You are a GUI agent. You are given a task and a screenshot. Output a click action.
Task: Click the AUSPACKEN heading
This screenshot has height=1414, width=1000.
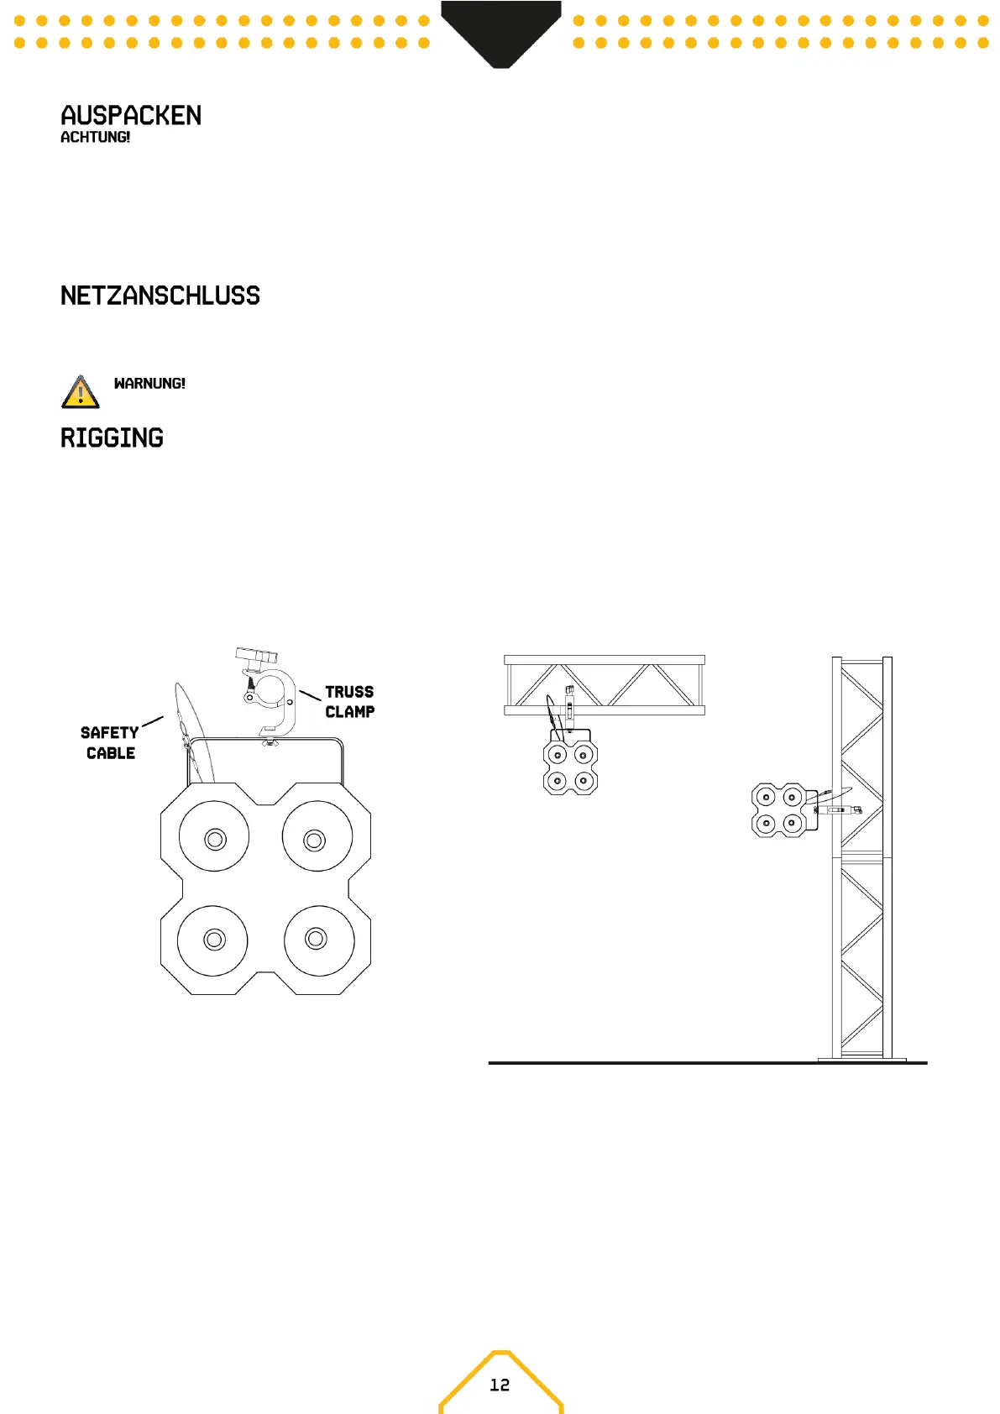(131, 115)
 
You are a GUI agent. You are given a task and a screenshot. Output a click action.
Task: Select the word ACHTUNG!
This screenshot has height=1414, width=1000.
(95, 137)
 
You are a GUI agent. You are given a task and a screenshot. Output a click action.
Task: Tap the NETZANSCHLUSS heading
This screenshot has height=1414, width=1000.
(160, 296)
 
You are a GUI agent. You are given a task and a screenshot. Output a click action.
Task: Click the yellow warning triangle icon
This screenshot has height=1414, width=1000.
(80, 392)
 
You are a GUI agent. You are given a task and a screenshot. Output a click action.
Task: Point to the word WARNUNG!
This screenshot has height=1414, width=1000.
(149, 384)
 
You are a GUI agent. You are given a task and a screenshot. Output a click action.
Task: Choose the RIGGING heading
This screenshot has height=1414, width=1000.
(112, 437)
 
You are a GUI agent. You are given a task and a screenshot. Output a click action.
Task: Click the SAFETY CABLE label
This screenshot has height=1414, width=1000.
(110, 743)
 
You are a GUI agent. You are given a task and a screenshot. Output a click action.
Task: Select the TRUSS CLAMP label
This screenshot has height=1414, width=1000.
(349, 702)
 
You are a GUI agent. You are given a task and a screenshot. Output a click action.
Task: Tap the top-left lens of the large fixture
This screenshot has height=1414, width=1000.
(214, 837)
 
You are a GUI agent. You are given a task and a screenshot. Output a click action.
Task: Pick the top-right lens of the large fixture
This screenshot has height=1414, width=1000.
(316, 838)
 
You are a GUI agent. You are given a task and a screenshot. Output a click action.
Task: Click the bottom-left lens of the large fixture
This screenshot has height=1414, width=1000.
(213, 940)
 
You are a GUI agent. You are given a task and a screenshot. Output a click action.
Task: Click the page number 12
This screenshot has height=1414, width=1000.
(500, 1385)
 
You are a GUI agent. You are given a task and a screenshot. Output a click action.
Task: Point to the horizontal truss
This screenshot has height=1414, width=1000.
(604, 685)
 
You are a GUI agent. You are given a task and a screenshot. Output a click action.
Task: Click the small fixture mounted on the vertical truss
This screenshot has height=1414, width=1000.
(778, 810)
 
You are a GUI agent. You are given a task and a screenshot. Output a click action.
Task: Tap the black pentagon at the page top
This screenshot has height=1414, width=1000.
(500, 29)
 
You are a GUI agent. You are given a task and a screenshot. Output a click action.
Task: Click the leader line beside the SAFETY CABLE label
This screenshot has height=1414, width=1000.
(153, 721)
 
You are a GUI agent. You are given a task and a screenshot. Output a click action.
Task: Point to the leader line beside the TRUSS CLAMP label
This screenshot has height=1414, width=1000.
(310, 694)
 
